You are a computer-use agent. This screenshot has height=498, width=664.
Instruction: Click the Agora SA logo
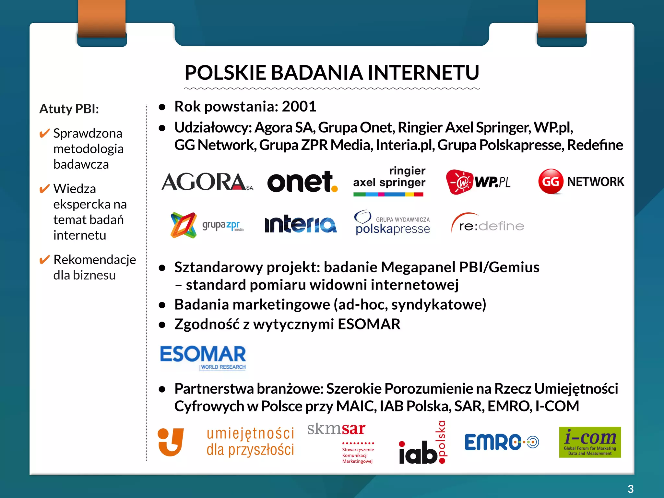[x=207, y=182]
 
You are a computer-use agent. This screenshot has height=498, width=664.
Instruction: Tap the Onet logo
[x=302, y=182]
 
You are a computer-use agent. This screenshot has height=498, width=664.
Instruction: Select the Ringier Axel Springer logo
[x=389, y=181]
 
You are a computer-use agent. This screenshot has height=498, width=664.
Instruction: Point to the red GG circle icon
[x=550, y=181]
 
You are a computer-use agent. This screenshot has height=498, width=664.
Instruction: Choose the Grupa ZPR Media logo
[x=207, y=225]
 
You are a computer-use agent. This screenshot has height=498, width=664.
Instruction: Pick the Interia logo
[x=301, y=224]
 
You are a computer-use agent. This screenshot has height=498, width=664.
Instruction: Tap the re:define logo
[x=488, y=224]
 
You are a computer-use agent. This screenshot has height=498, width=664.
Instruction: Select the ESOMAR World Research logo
[x=203, y=357]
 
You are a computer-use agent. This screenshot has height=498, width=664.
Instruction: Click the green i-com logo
[x=590, y=442]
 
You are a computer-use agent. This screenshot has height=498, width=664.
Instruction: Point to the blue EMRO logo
[x=501, y=442]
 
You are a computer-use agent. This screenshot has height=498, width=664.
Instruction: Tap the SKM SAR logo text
[x=336, y=429]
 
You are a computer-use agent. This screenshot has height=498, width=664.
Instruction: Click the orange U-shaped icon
[x=171, y=442]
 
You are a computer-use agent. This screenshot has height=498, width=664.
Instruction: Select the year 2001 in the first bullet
[x=299, y=106]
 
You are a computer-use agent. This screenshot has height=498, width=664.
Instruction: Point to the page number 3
[x=630, y=489]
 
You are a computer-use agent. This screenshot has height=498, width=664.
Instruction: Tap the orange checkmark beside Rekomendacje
[x=44, y=260]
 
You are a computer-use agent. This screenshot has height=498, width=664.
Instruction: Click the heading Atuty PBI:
[x=69, y=109]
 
